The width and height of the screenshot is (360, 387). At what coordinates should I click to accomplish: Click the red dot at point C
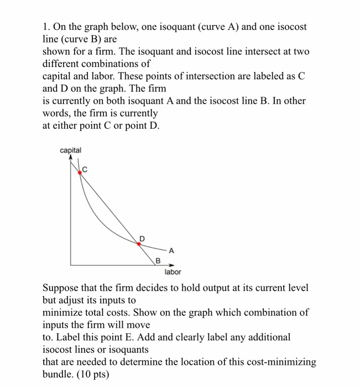[80, 172]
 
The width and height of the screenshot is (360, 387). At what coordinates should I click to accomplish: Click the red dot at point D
[139, 243]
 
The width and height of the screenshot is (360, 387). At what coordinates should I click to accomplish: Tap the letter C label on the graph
[86, 169]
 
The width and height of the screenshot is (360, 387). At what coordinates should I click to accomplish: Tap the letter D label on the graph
[142, 238]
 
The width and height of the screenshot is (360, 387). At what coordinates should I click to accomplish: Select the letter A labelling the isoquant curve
[171, 250]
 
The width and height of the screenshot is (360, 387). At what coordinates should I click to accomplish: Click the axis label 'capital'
[71, 150]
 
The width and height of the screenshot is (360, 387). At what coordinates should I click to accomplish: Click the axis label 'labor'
[173, 272]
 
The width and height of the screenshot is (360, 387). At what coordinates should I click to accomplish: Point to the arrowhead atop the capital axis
[70, 157]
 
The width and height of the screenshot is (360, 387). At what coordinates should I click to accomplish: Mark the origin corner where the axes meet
[70, 265]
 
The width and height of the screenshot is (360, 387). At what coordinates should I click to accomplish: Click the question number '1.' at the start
[46, 27]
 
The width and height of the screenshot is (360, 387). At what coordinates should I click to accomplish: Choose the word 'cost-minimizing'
[281, 362]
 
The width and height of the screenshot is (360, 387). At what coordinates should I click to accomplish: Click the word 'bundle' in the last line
[58, 374]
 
